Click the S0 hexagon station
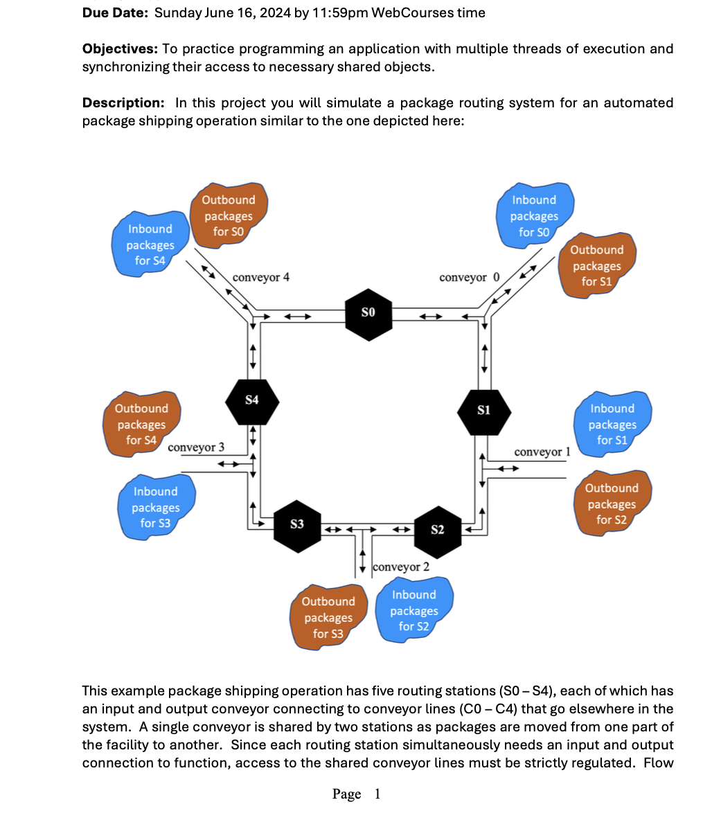click(x=369, y=314)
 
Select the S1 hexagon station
click(x=484, y=411)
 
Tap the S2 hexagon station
click(x=438, y=530)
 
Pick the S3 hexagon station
click(x=297, y=525)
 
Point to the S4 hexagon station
click(x=252, y=400)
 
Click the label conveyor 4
click(x=261, y=278)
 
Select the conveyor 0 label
click(x=469, y=278)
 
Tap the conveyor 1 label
click(x=542, y=452)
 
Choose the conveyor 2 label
click(x=401, y=567)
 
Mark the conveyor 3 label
click(x=196, y=447)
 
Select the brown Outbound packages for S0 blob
click(x=228, y=215)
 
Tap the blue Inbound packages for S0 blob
click(x=534, y=215)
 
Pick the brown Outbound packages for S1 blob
click(x=596, y=265)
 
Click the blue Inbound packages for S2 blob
click(x=413, y=610)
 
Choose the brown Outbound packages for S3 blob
click(x=328, y=617)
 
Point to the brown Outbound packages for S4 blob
click(x=141, y=425)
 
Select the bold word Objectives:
click(x=120, y=48)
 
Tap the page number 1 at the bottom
click(x=377, y=794)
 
